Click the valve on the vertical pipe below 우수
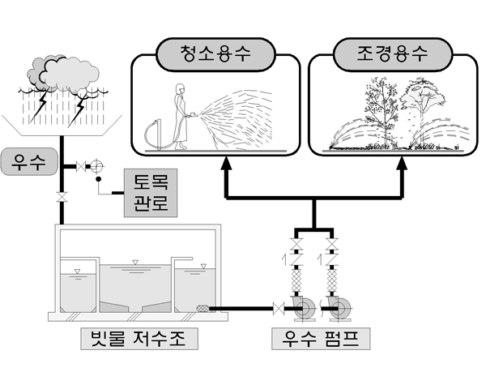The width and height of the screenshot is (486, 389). (61, 197)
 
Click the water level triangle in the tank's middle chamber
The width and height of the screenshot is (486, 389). (135, 261)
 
